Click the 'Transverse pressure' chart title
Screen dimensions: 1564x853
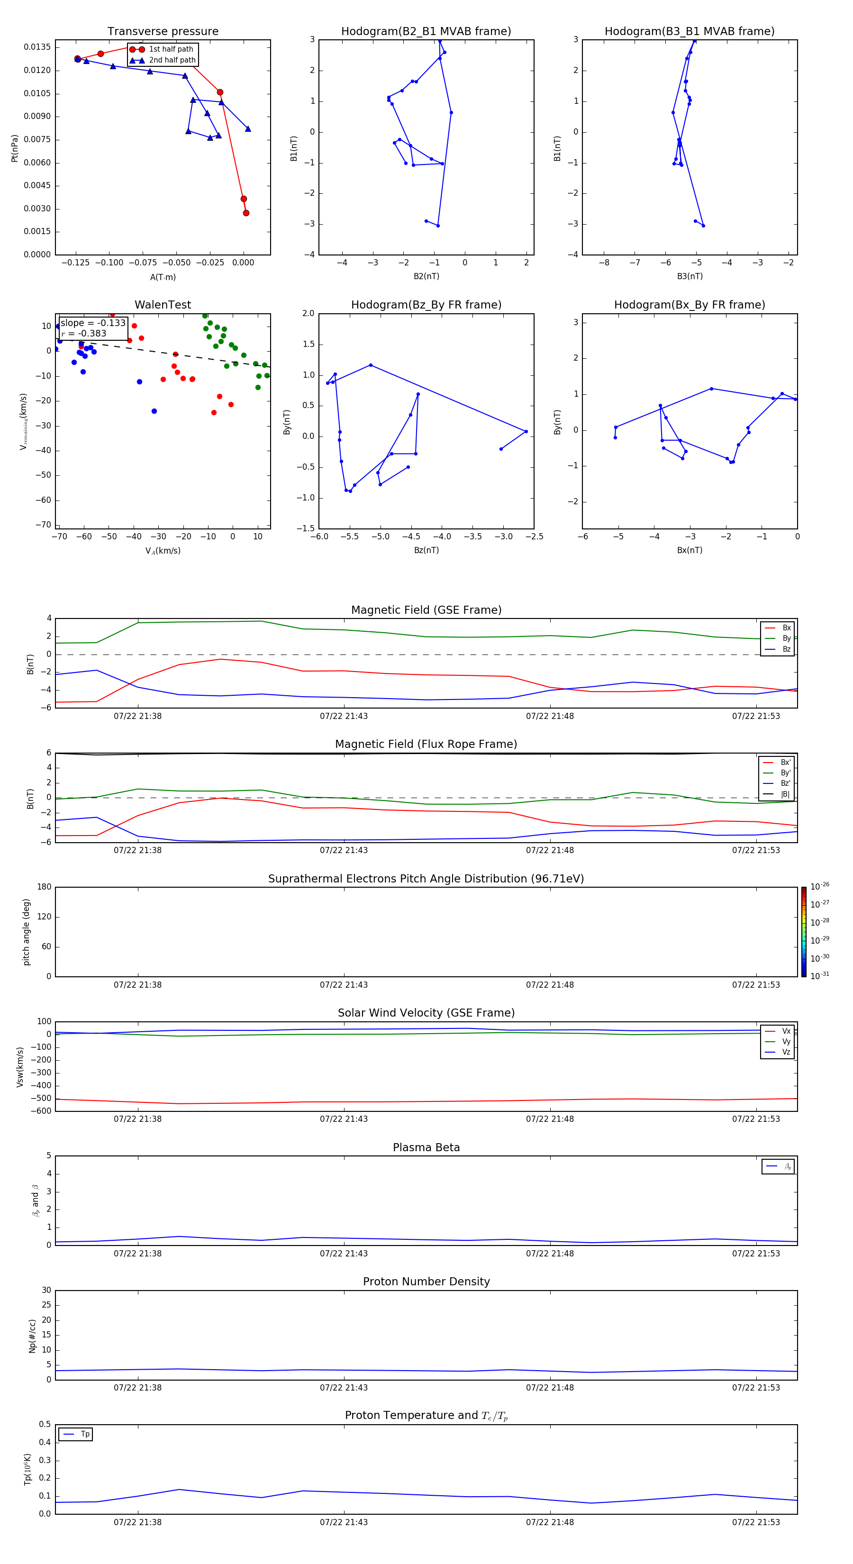pos(163,32)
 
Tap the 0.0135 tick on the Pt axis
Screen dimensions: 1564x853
pos(37,47)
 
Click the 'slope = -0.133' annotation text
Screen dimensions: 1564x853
pos(93,323)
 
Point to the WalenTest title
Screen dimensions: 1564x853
pos(163,305)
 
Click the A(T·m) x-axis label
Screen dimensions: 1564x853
pos(163,277)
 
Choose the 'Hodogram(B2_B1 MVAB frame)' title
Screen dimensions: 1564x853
pos(426,32)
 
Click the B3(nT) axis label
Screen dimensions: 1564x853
pos(690,276)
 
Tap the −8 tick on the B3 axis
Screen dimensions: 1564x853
pos(604,263)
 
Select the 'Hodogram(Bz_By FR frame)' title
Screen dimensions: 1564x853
pos(426,305)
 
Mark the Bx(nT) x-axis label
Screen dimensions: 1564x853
pos(690,550)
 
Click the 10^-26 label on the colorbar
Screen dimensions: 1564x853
pos(820,886)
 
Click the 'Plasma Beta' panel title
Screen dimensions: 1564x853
pos(426,1147)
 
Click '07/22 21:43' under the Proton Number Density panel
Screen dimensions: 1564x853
pos(344,1387)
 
